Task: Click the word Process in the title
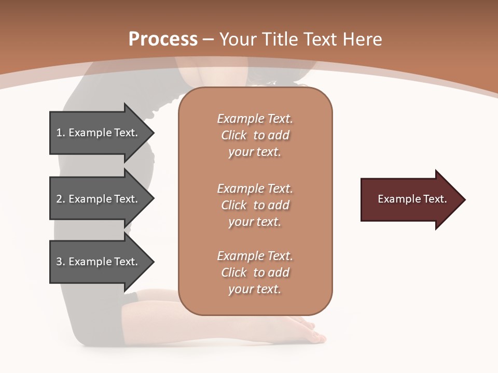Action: click(x=163, y=39)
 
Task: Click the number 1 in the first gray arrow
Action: click(x=59, y=133)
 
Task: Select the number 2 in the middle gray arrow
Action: click(x=59, y=199)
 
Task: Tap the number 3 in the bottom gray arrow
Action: click(x=59, y=262)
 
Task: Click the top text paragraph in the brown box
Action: click(x=255, y=135)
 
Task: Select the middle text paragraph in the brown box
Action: click(x=255, y=205)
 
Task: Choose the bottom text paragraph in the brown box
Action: click(x=255, y=272)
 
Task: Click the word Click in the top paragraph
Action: click(x=234, y=135)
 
